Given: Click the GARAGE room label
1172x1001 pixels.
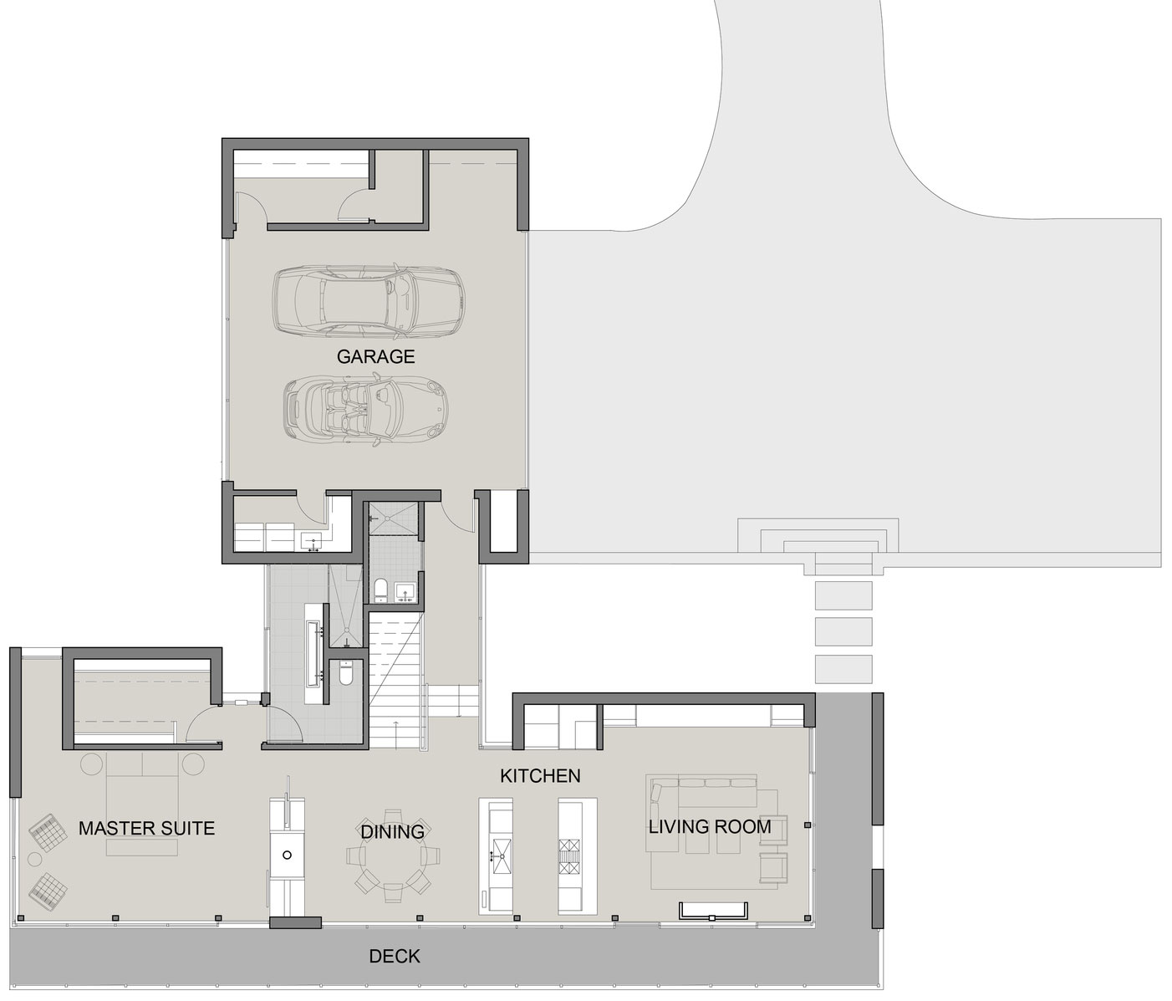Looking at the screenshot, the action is click(x=375, y=356).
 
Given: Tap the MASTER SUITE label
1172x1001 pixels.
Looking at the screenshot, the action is click(x=146, y=828).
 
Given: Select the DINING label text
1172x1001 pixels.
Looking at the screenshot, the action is click(x=392, y=831).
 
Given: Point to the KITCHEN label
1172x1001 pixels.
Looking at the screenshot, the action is click(x=540, y=776).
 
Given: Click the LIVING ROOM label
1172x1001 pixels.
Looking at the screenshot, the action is click(x=710, y=826).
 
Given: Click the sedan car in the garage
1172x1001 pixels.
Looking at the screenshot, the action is click(x=369, y=300).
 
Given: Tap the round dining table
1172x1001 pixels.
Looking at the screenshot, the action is click(x=392, y=857).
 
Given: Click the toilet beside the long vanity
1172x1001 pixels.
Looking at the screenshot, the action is click(x=344, y=674).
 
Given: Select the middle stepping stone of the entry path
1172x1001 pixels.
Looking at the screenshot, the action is click(x=843, y=631).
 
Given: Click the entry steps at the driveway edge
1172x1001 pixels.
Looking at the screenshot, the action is click(x=818, y=538).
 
